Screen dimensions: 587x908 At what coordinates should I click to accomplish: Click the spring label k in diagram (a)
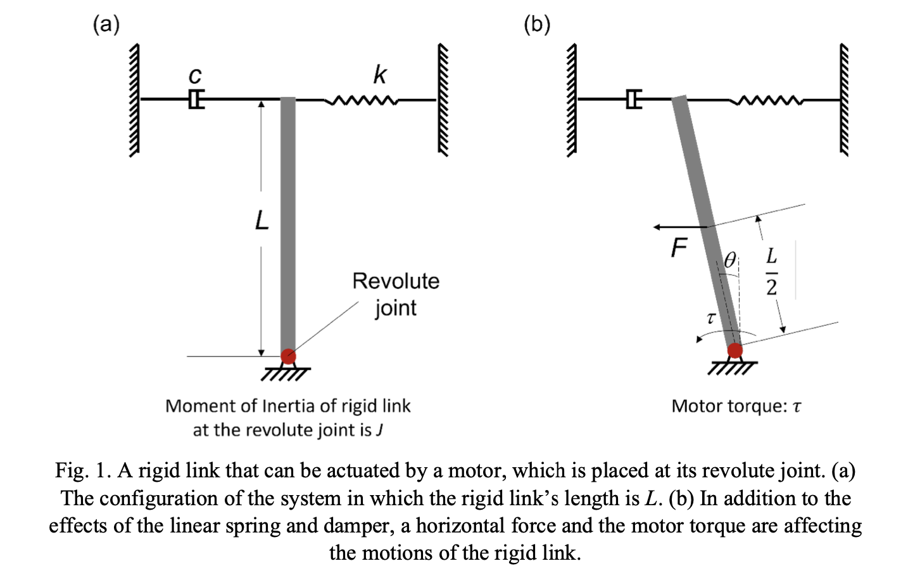pyautogui.click(x=379, y=74)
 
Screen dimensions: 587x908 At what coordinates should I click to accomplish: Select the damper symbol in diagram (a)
pyautogui.click(x=196, y=100)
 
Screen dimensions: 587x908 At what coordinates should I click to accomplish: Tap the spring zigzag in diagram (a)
pyautogui.click(x=361, y=100)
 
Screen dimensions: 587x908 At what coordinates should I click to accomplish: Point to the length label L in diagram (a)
pyautogui.click(x=262, y=221)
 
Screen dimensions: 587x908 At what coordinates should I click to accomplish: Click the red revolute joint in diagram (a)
pyautogui.click(x=288, y=356)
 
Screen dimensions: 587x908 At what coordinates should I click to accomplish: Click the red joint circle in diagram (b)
pyautogui.click(x=735, y=351)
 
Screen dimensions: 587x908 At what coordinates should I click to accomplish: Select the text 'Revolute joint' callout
pyautogui.click(x=396, y=294)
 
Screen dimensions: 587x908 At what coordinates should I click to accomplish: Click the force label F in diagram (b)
pyautogui.click(x=679, y=248)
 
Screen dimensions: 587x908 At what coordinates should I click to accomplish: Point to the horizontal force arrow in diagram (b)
pyautogui.click(x=680, y=226)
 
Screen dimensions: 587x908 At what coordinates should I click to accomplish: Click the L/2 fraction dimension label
pyautogui.click(x=771, y=272)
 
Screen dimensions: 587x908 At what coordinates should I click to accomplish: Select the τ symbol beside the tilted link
pyautogui.click(x=710, y=318)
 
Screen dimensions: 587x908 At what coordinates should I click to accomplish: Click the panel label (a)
pyautogui.click(x=106, y=24)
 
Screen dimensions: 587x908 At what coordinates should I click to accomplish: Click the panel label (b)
pyautogui.click(x=537, y=24)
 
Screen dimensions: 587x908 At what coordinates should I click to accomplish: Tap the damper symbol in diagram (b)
pyautogui.click(x=633, y=100)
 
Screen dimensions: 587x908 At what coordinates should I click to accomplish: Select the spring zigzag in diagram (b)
pyautogui.click(x=766, y=100)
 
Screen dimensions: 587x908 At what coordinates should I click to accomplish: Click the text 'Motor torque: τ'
pyautogui.click(x=736, y=406)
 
